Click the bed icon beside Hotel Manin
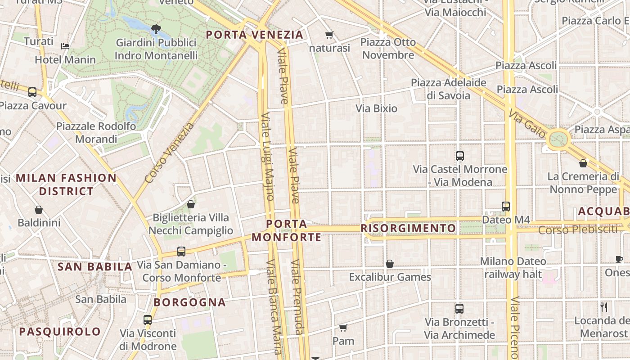click(65, 46)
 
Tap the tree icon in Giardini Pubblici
click(156, 30)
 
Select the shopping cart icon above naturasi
click(329, 35)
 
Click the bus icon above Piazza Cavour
click(32, 92)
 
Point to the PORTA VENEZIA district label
click(255, 35)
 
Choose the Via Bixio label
click(376, 108)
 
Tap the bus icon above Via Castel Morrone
click(459, 156)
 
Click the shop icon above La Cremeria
click(583, 163)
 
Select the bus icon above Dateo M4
click(506, 207)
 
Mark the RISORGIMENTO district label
click(408, 228)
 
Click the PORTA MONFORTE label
click(287, 230)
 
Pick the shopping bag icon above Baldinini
click(39, 210)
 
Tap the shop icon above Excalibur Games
click(390, 264)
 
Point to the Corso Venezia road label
click(169, 153)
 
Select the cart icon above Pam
click(343, 328)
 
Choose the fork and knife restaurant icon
click(604, 307)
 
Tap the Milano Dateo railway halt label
click(513, 267)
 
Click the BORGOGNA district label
click(189, 302)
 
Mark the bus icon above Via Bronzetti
click(459, 309)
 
